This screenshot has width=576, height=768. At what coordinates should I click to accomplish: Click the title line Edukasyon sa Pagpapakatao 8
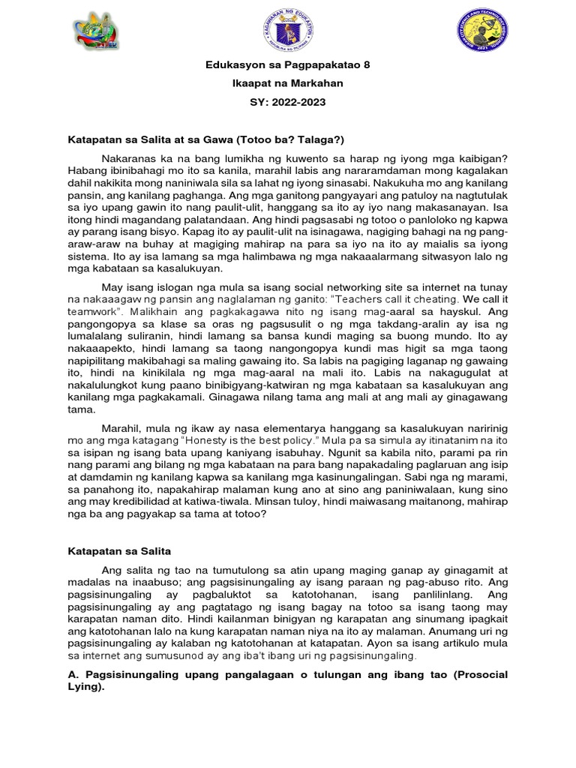(x=288, y=65)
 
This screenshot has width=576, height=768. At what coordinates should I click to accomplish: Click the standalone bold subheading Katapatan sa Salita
(x=120, y=551)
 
